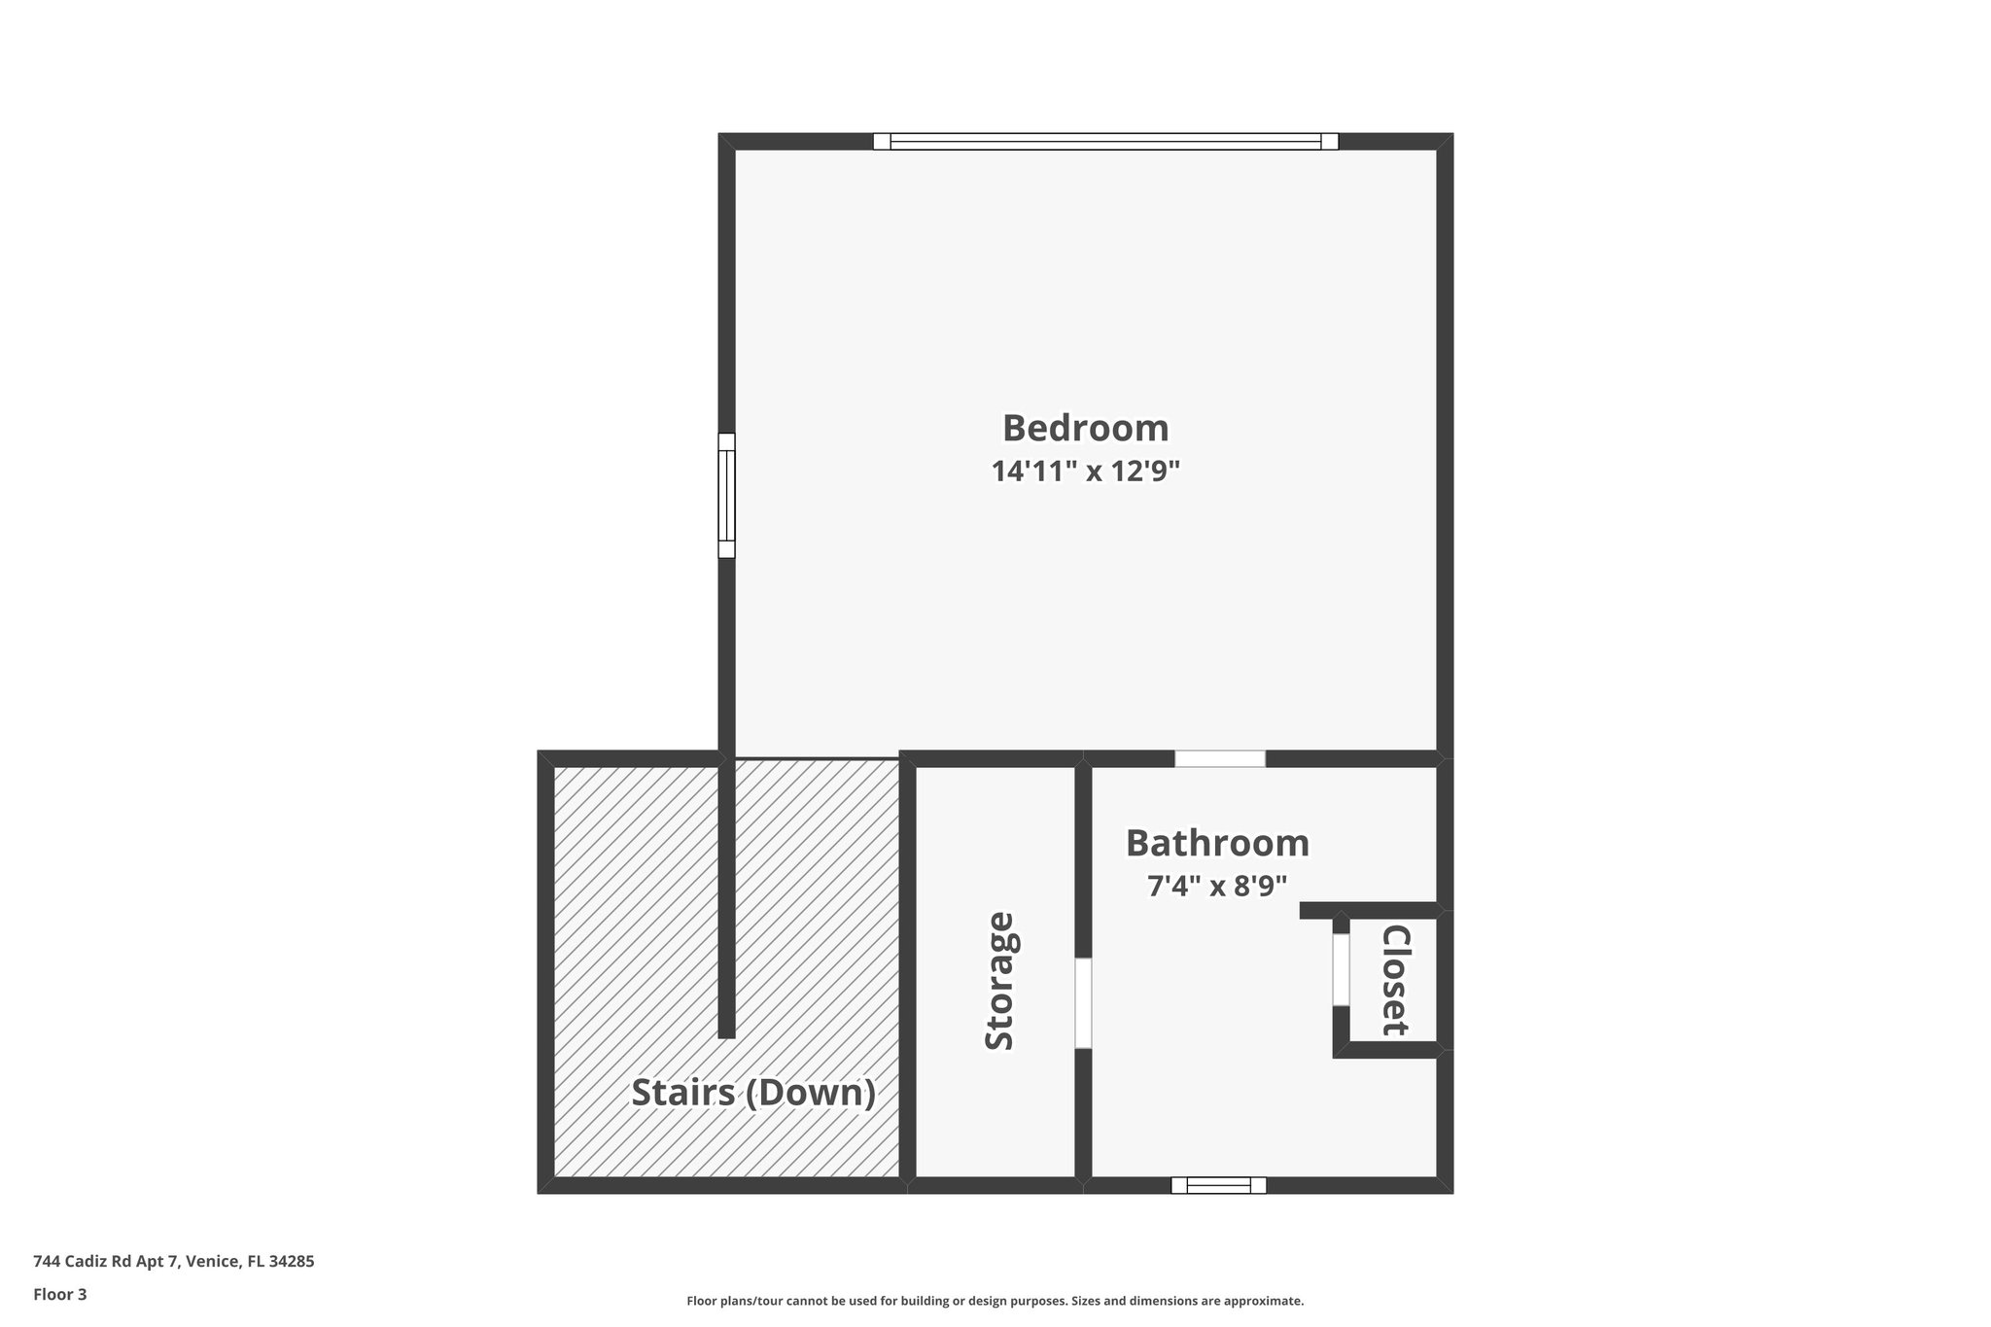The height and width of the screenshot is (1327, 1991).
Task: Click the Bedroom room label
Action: click(1085, 428)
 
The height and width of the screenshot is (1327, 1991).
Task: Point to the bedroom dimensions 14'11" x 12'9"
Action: click(1085, 472)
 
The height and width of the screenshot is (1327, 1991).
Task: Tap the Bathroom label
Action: click(1217, 843)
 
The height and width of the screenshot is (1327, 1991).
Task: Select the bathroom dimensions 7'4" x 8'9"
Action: click(1217, 887)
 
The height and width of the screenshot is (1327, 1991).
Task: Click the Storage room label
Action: click(999, 981)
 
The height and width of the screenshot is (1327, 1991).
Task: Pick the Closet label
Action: click(1395, 980)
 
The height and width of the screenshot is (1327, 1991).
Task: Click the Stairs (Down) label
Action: click(753, 1093)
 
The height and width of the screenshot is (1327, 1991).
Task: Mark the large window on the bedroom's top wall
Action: click(1105, 142)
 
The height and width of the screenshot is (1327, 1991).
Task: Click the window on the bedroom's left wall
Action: click(726, 495)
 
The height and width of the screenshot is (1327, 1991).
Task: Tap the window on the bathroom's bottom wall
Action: click(1218, 1185)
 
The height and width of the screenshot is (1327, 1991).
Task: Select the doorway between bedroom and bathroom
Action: click(1220, 758)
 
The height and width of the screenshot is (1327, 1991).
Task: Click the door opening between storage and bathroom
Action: click(1083, 1003)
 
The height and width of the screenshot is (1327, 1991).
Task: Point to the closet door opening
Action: click(1341, 969)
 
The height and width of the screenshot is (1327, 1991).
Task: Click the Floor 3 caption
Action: click(60, 1294)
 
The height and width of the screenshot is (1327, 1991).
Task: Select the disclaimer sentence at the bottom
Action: click(995, 1301)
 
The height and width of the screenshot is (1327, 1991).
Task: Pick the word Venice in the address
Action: click(213, 1262)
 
